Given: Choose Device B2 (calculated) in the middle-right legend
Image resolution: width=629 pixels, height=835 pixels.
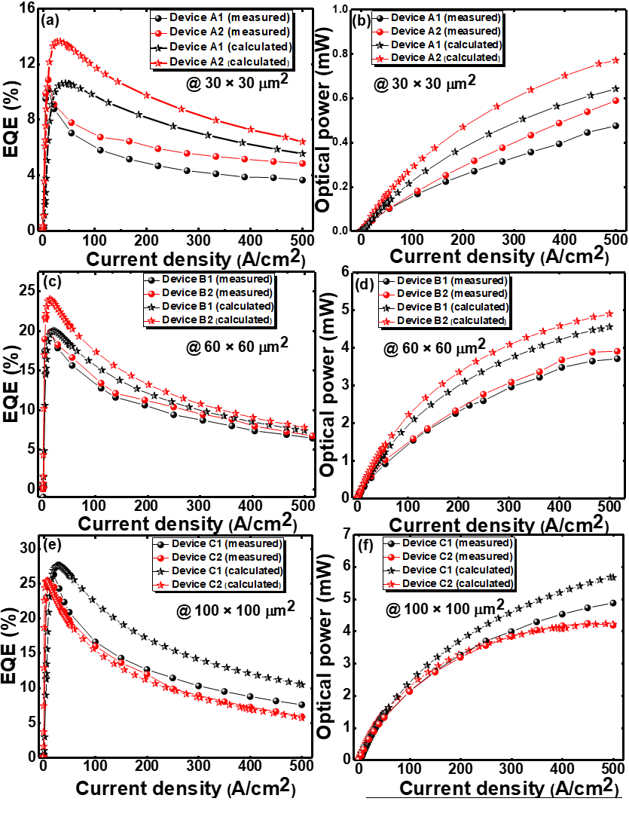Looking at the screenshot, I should click(x=452, y=321).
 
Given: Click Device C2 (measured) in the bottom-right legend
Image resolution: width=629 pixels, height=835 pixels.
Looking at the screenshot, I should click(x=456, y=557).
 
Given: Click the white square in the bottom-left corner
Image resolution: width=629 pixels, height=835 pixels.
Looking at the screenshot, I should click(x=26, y=801).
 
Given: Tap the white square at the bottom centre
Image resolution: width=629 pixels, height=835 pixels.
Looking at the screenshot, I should click(x=340, y=809).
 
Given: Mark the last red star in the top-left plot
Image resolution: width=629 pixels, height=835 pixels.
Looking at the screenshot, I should click(x=303, y=142).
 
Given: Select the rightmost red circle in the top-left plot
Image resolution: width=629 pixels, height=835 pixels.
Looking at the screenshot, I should click(x=303, y=164).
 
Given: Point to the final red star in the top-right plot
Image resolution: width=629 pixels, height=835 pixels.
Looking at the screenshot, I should click(x=617, y=60).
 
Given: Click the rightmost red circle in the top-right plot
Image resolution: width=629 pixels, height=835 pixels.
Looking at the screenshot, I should click(x=616, y=100).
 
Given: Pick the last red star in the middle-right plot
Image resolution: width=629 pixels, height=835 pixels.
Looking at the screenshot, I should click(x=611, y=314).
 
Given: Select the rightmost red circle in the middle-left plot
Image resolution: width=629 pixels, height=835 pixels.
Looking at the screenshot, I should click(x=312, y=436).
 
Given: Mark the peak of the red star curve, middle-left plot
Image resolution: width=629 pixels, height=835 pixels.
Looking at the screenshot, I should click(x=50, y=299).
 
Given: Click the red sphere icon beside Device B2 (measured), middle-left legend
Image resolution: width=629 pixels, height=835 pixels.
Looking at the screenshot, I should click(x=152, y=293).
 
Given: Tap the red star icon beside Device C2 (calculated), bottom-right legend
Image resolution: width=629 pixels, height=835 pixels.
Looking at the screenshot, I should click(x=392, y=584).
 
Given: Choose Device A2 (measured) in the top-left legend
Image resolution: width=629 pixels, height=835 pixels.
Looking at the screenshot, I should click(x=220, y=32).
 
